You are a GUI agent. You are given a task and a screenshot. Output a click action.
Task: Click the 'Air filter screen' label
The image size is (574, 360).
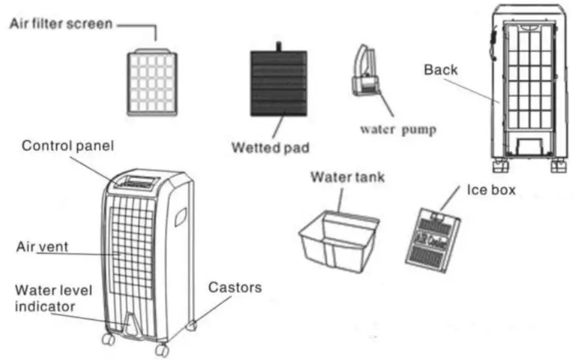click(61, 24)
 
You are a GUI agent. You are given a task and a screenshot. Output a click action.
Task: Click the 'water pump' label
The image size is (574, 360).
click(398, 129)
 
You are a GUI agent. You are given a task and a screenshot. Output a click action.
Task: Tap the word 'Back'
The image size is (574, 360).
click(440, 69)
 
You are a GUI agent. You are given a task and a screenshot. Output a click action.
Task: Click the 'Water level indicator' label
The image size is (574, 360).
click(46, 298)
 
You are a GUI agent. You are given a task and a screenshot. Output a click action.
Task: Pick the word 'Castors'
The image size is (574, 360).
click(235, 287)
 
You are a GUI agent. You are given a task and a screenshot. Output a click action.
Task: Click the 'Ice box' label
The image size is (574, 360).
click(492, 189)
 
